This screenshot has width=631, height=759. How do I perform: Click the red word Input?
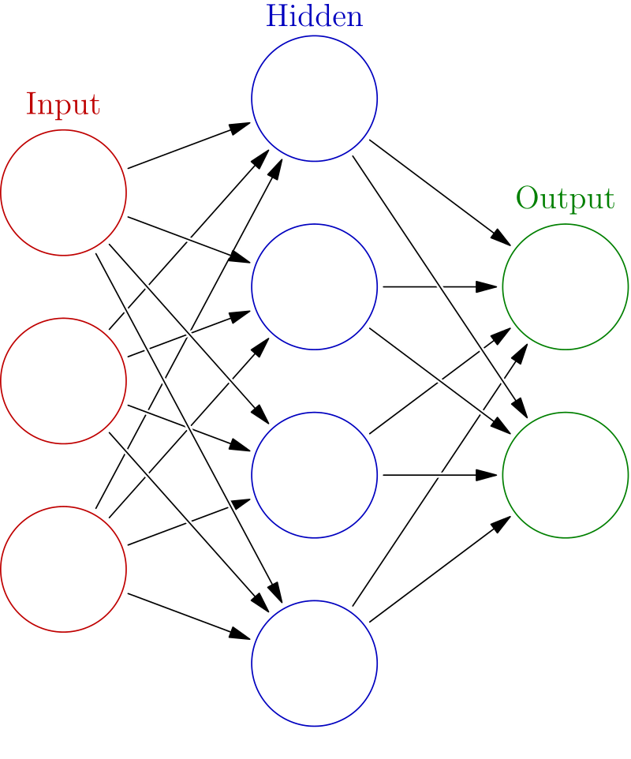63,104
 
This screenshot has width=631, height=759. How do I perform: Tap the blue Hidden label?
315,17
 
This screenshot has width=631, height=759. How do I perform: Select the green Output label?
565,198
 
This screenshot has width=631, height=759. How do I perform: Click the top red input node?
63,193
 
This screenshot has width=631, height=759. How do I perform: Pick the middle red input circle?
63,380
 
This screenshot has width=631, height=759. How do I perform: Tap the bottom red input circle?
63,569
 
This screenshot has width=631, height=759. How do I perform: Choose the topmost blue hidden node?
315,99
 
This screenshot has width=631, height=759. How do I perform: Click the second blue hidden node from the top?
315,286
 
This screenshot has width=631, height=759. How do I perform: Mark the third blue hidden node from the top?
315,475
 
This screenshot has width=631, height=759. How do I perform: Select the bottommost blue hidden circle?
315,663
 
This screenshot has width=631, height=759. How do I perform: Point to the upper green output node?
565,286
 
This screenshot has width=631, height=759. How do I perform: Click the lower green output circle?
565,475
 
